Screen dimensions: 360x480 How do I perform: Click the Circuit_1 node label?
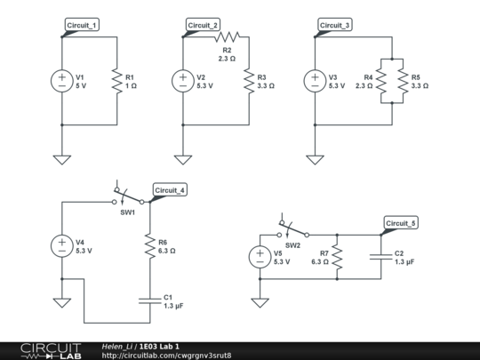click(x=83, y=25)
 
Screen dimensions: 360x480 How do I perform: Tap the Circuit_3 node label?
click(x=335, y=25)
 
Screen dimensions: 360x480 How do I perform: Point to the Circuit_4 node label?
click(x=170, y=190)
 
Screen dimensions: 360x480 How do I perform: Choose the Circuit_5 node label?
click(x=401, y=222)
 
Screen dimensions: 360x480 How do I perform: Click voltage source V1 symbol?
click(x=62, y=80)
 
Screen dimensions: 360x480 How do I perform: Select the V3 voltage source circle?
click(x=314, y=80)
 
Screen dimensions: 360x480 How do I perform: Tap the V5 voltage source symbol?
click(x=260, y=257)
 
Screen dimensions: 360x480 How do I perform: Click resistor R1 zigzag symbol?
click(x=116, y=81)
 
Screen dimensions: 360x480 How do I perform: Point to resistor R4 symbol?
click(x=380, y=81)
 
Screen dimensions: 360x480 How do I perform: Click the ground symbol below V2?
click(x=183, y=159)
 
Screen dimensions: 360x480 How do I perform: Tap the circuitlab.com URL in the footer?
click(x=166, y=356)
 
